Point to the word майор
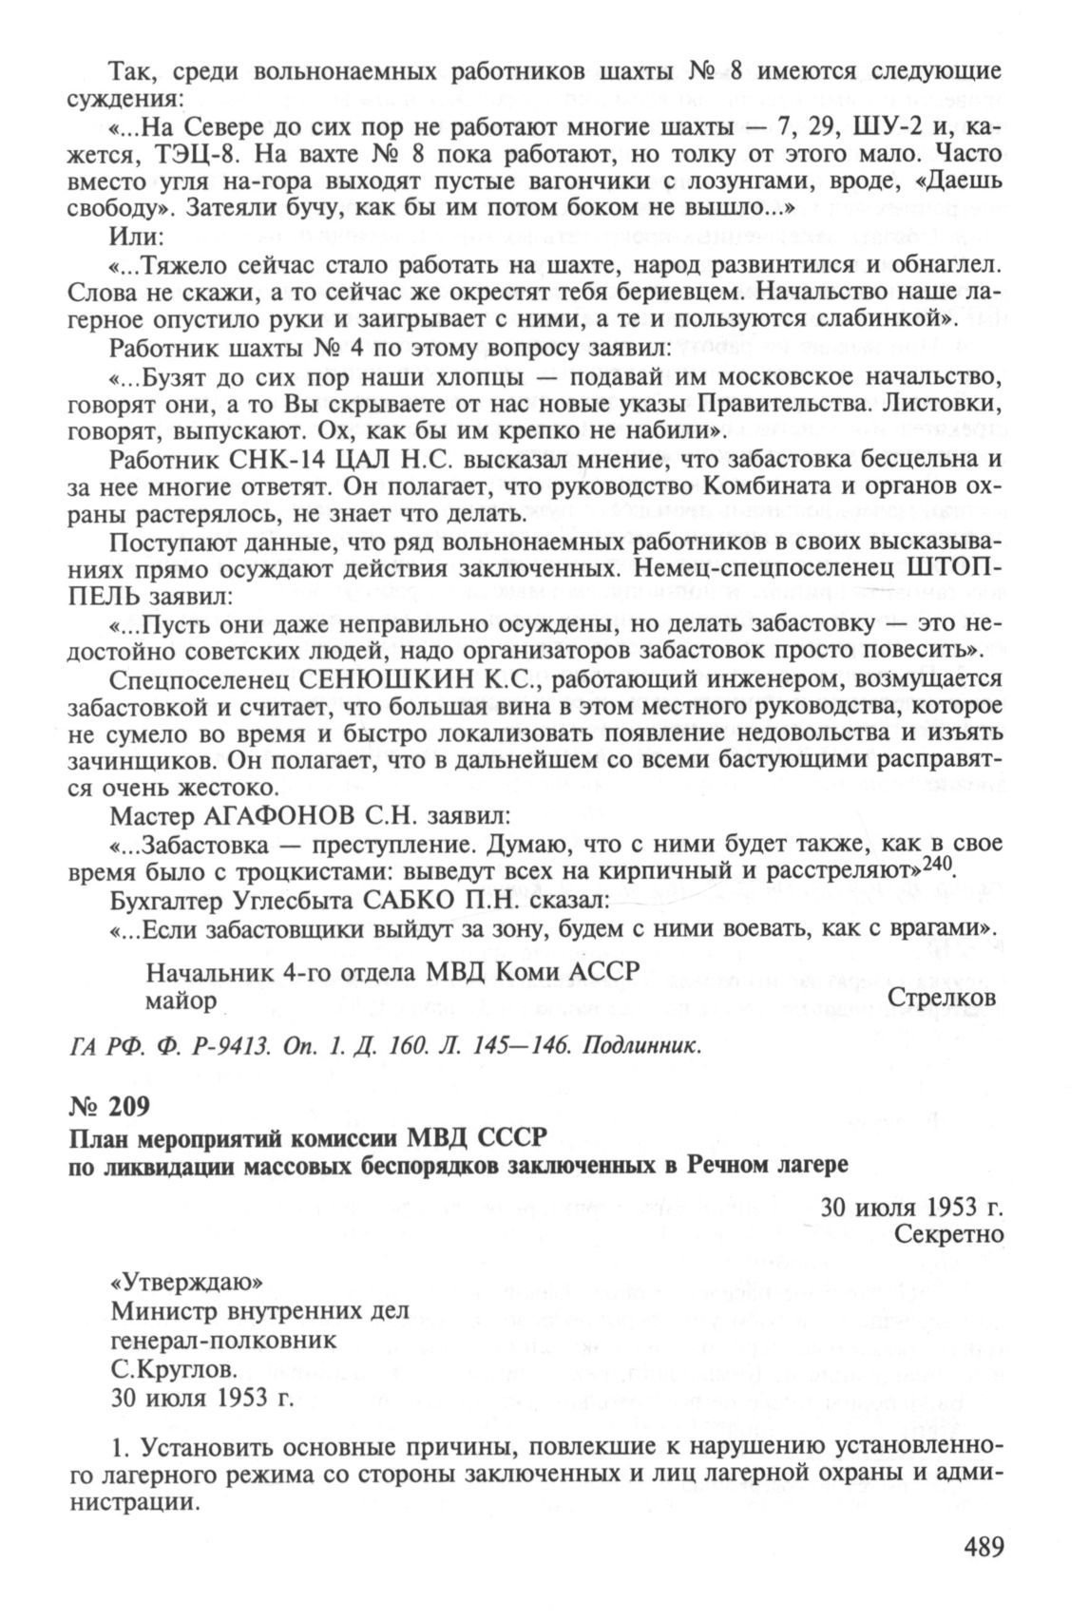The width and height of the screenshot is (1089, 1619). (181, 1000)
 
